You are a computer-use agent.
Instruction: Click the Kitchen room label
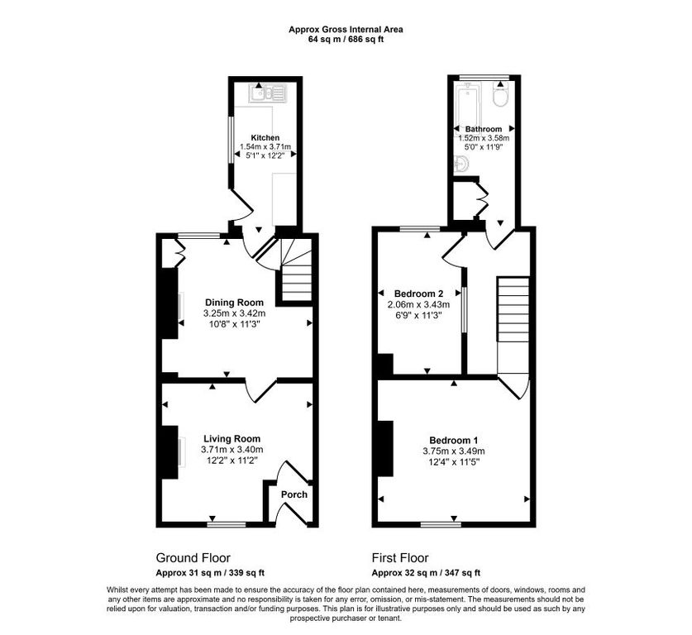[265, 138]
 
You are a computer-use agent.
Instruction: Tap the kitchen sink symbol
[268, 93]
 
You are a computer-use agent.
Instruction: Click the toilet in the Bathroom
[501, 96]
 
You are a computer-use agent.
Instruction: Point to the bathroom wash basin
[461, 165]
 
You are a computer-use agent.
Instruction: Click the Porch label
[294, 494]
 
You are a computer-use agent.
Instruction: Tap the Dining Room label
[234, 303]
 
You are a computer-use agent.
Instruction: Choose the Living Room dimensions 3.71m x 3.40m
[232, 450]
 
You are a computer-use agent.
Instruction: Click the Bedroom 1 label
[454, 440]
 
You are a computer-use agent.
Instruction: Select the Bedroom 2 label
[419, 294]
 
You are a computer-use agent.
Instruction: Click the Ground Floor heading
[193, 558]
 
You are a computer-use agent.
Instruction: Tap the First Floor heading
[400, 558]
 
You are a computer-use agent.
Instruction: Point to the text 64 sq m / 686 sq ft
[346, 39]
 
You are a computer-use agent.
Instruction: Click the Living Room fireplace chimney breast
[170, 452]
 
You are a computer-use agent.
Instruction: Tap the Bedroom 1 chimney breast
[385, 449]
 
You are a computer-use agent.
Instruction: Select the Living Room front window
[227, 524]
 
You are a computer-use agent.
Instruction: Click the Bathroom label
[484, 129]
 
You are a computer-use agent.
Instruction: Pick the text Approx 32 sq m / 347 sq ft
[426, 573]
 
